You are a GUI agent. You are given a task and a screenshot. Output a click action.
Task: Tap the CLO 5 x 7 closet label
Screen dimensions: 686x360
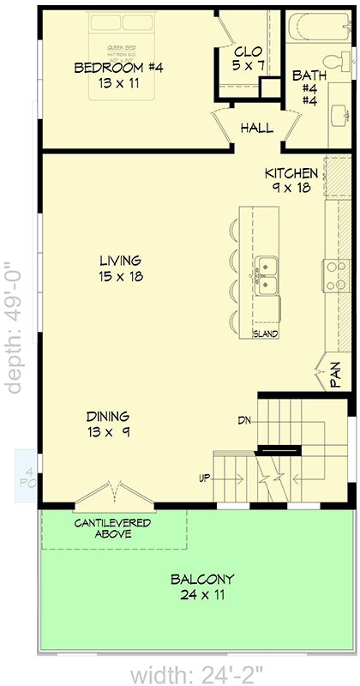[249, 57]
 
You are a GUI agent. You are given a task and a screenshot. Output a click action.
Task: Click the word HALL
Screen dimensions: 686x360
[256, 129]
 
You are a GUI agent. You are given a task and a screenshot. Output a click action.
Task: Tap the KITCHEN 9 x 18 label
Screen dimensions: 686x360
[291, 180]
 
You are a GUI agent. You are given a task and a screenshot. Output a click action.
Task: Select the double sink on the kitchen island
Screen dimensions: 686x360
[267, 275]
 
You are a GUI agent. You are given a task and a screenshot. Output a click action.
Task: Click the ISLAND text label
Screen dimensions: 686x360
[265, 334]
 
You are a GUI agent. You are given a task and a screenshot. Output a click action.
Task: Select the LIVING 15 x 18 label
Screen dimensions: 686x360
[120, 268]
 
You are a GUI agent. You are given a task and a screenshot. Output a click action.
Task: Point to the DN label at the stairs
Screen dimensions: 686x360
[245, 420]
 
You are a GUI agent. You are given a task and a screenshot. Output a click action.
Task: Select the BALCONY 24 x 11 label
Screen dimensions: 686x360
[201, 587]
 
